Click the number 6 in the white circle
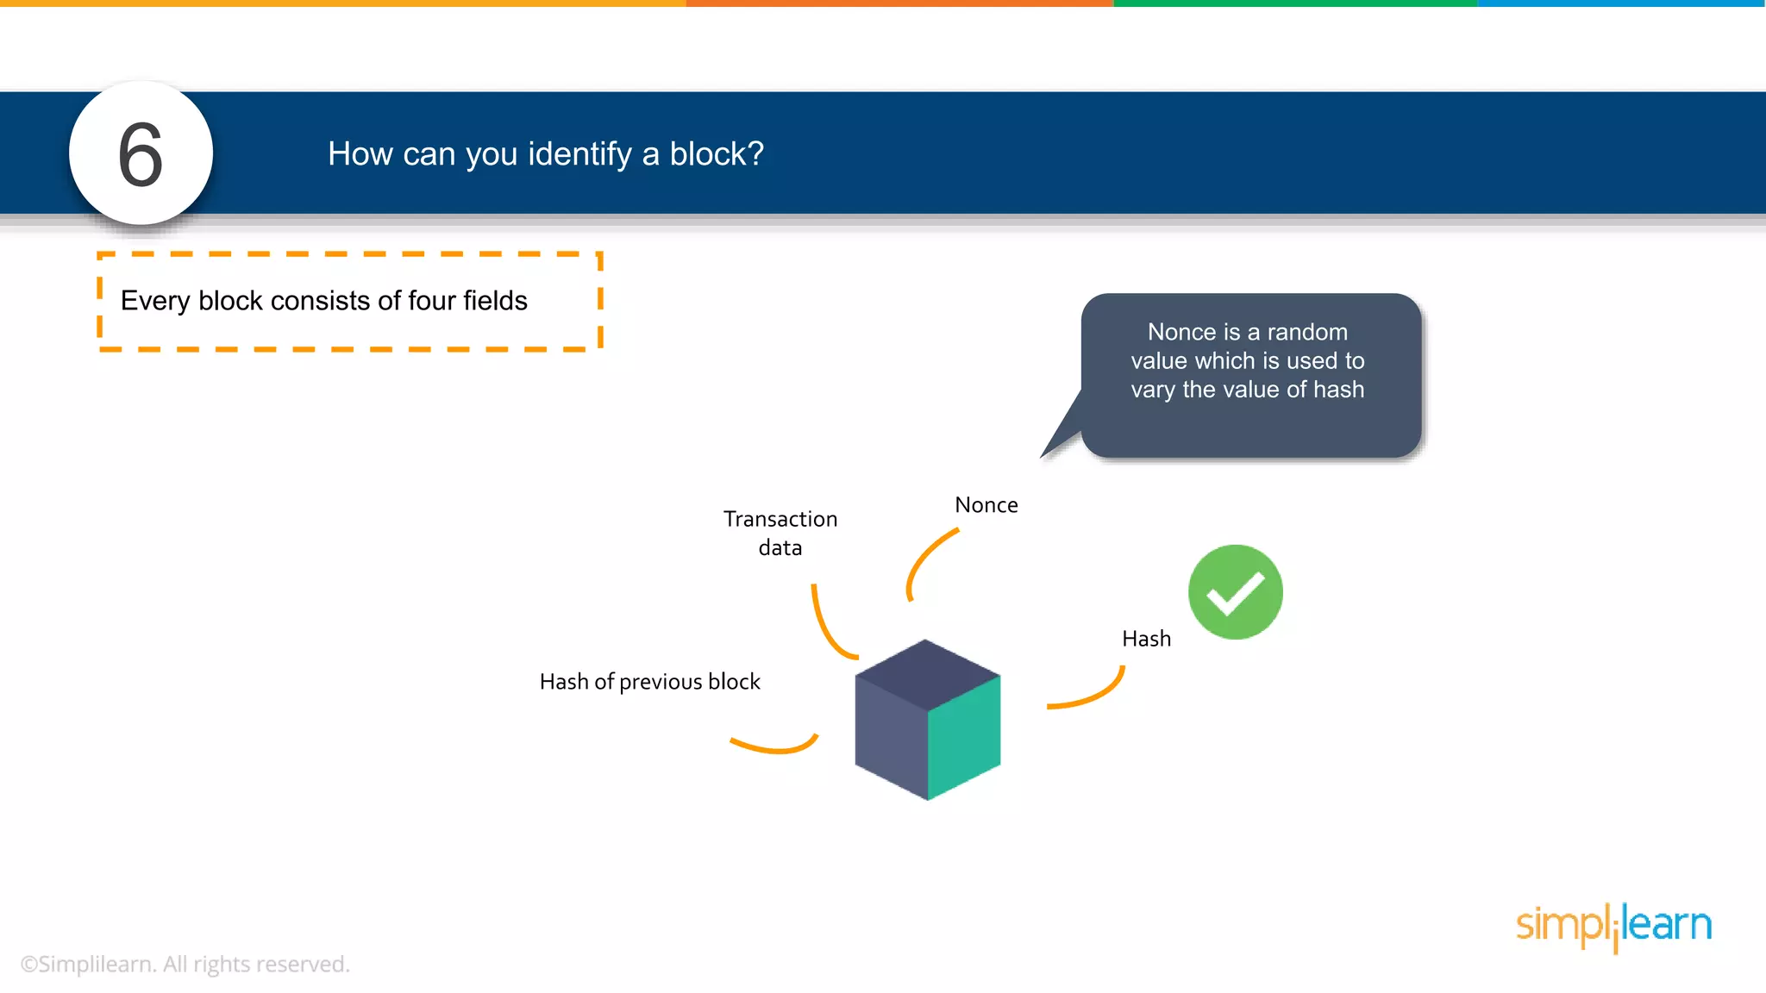coord(141,154)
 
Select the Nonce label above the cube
coord(986,505)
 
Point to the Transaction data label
coord(780,533)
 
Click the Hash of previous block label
coord(649,682)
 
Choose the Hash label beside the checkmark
coord(1146,639)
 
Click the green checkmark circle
coord(1235,592)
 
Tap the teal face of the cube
coord(964,738)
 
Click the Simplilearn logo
coord(1613,926)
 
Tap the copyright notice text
coord(185,964)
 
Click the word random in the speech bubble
coord(1306,332)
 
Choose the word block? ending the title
coord(717,154)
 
